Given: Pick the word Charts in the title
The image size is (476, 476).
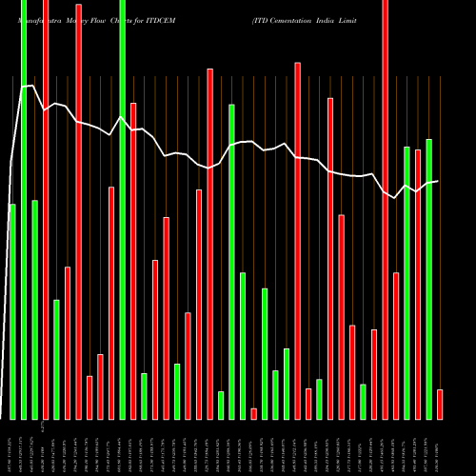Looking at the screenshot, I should (x=129, y=20).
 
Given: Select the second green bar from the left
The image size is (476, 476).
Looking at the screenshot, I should (x=24, y=209).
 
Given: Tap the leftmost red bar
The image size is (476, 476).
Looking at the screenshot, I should (x=46, y=209).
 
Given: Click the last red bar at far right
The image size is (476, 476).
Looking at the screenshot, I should (x=440, y=404).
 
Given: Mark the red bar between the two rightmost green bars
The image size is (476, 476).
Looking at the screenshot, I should (x=418, y=285).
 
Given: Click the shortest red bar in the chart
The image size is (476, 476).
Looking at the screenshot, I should (x=254, y=413).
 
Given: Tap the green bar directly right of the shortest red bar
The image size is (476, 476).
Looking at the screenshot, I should (x=265, y=353).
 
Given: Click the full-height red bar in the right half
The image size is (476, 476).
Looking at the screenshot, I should (x=385, y=209).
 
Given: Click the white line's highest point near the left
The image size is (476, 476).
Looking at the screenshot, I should (x=32, y=87).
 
